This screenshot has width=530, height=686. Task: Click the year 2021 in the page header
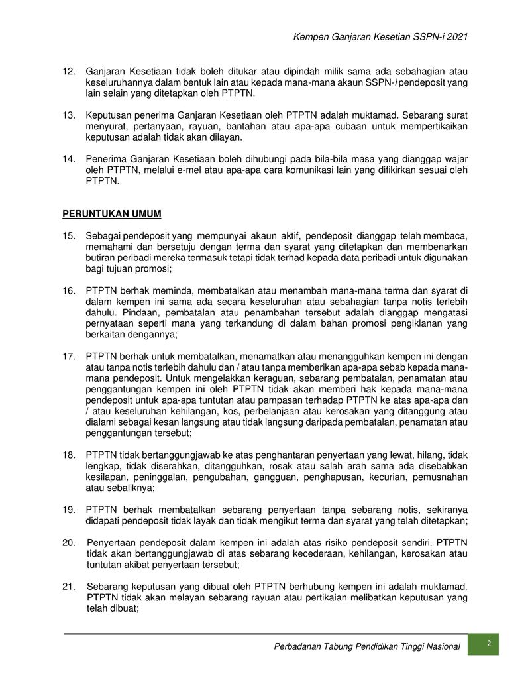(458, 37)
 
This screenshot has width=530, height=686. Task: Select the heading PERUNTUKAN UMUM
(112, 214)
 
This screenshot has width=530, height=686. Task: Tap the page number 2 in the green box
(488, 644)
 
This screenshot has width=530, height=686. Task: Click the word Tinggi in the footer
(394, 646)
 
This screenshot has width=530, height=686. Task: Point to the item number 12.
(69, 71)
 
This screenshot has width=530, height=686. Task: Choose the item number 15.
(69, 237)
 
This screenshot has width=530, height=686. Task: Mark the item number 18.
(69, 455)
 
